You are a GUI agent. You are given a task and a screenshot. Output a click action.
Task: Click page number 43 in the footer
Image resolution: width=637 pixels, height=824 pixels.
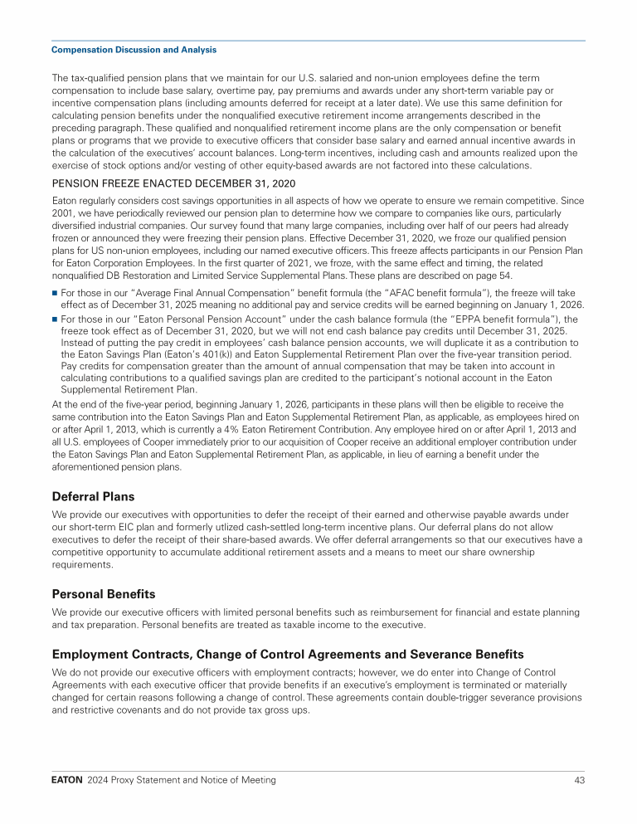579,780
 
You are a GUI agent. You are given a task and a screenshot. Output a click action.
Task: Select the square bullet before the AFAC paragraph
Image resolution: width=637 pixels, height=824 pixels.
55,293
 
